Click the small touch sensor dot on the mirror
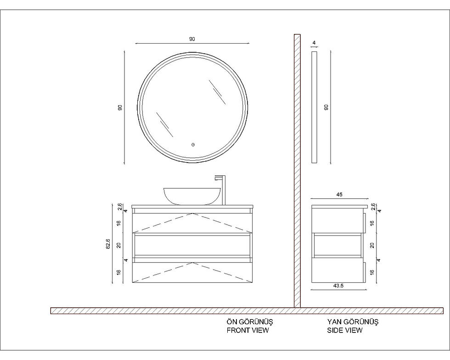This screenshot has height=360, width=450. pos(193,144)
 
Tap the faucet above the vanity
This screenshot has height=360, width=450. pos(221,190)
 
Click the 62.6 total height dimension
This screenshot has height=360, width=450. pos(108,243)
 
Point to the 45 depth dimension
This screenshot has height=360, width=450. pos(339,195)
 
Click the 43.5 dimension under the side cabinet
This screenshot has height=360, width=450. pos(339,286)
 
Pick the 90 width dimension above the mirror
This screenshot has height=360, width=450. pos(192,39)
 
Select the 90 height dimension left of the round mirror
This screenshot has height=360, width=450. pos(120,107)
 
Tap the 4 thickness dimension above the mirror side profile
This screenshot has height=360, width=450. pos(314,43)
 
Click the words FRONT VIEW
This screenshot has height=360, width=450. pos(247,330)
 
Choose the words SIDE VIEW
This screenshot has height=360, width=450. pos(345,330)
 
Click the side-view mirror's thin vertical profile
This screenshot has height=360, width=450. pos(314,107)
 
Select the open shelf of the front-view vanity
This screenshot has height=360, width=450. pos(192,245)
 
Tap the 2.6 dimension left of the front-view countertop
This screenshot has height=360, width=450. pos(120,207)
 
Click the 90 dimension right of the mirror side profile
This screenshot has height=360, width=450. pos(326,107)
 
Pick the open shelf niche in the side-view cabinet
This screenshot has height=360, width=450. pos(337,246)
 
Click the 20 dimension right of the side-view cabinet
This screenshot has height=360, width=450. pos(372,245)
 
